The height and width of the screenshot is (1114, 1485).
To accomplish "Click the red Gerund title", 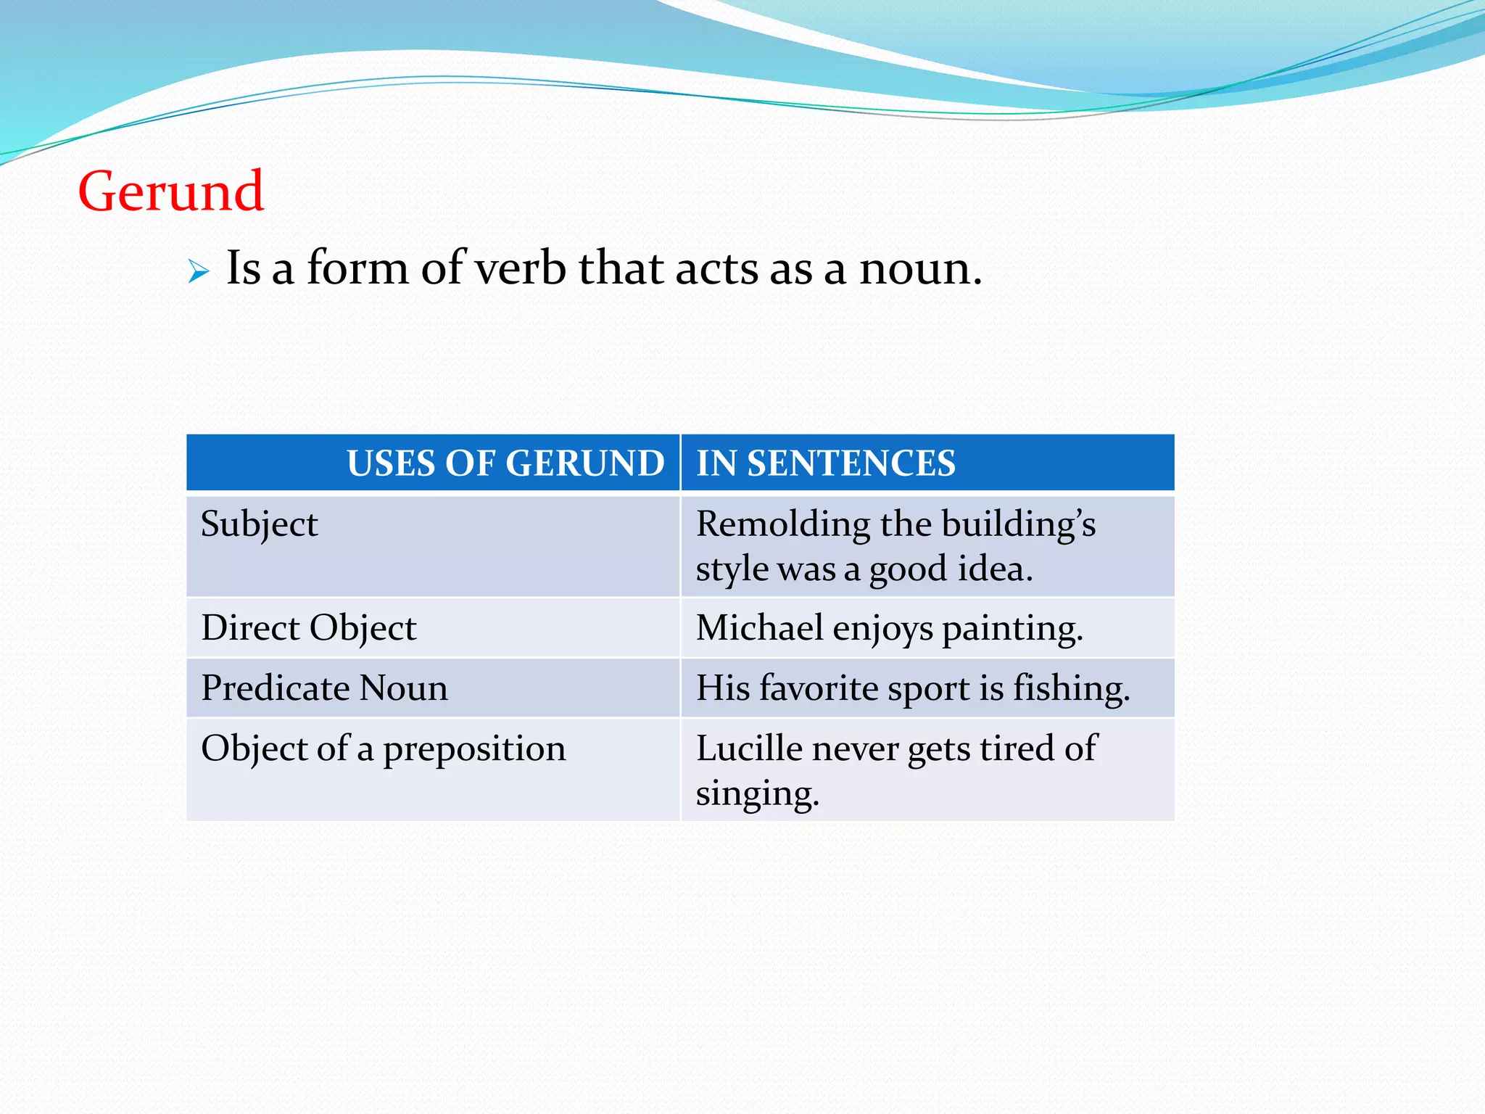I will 171,191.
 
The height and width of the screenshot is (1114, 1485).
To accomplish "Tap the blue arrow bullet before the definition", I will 198,272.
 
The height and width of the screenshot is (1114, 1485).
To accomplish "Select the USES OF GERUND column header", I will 505,463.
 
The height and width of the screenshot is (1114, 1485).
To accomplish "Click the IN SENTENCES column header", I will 826,463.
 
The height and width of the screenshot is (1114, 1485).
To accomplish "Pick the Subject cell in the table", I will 260,524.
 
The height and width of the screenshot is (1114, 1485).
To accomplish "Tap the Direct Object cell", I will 309,628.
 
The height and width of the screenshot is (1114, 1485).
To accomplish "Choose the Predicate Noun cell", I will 325,688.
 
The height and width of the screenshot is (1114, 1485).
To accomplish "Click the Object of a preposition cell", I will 384,749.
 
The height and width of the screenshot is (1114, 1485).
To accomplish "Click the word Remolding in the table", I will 783,524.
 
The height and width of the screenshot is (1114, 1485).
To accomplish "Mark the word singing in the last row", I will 757,793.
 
